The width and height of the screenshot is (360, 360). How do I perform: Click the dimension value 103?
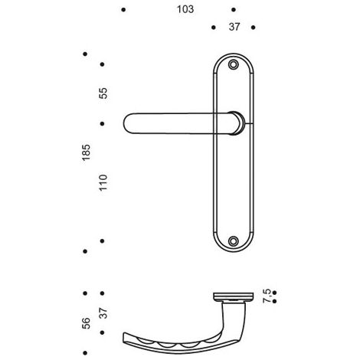pos(185,9)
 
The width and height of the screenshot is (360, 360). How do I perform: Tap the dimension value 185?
pos(87,152)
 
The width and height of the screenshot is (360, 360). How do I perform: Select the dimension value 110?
pos(103,182)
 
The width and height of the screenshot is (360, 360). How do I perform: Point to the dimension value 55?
pos(103,93)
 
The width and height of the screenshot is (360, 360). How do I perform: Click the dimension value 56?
pos(87,323)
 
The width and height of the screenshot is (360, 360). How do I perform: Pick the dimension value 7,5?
pos(267,296)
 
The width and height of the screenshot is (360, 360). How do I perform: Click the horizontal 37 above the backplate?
pos(234,27)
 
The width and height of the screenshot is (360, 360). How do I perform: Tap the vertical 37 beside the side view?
pos(103,313)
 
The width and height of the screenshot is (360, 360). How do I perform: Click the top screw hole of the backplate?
pos(233,64)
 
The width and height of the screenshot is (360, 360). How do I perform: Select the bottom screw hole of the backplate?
pos(233,241)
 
